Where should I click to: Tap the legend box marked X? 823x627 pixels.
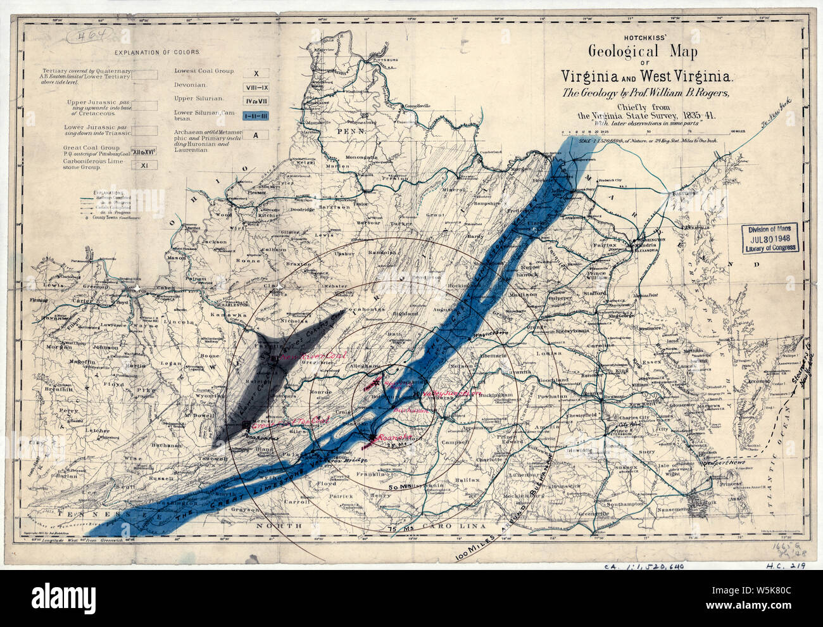256,73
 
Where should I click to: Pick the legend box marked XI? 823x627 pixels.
144,165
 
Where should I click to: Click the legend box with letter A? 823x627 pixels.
256,135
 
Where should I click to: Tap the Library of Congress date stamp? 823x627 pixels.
770,239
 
